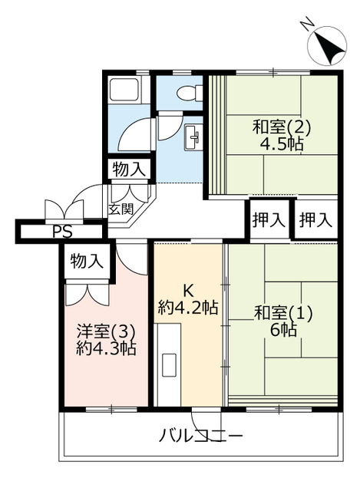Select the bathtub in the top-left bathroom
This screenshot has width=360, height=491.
(x=124, y=90)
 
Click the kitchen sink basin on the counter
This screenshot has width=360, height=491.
(x=170, y=365)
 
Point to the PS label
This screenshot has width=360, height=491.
(x=62, y=232)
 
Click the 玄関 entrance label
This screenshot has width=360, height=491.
(x=121, y=209)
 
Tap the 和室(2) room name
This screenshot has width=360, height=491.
(x=282, y=127)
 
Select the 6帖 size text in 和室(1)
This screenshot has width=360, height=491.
(x=284, y=329)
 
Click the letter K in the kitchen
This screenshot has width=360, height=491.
(x=188, y=292)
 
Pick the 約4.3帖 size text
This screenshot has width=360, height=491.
(x=106, y=348)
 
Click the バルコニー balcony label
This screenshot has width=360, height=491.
(x=201, y=436)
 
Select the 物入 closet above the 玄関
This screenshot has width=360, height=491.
(x=129, y=170)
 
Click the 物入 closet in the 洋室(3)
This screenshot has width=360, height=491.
(x=87, y=261)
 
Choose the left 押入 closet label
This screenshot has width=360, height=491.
(x=269, y=220)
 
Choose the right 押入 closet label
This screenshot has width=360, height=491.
(x=315, y=220)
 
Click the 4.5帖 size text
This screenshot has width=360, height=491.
(x=282, y=145)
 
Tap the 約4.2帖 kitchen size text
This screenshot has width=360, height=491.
(x=188, y=307)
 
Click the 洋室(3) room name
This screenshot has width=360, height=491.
(x=106, y=331)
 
